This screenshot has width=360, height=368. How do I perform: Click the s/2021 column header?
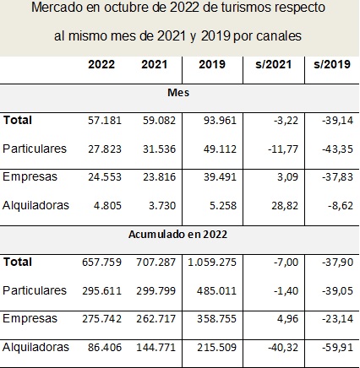coord(273,64)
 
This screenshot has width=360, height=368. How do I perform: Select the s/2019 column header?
coord(332,64)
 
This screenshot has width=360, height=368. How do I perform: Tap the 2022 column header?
coord(101,64)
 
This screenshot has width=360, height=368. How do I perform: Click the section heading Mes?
coord(178,92)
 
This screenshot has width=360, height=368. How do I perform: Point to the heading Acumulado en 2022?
coord(177,235)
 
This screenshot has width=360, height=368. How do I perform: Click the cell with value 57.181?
coord(105,121)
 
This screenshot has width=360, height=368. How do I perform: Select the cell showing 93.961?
coord(220,121)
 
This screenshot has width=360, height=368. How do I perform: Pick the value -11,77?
coord(283,149)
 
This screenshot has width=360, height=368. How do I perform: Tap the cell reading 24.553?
coord(105,177)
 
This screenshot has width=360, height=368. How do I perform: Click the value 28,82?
coord(285,206)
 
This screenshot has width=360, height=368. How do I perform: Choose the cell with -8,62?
coord(341,206)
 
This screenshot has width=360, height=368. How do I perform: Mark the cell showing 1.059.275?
coord(212,262)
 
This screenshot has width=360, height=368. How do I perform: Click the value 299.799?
coord(155,290)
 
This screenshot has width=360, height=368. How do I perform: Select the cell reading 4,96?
coord(287,319)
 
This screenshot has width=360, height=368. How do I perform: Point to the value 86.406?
coord(105,348)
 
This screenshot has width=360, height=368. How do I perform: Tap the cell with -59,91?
coord(337,348)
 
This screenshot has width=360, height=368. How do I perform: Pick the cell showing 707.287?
coord(155,262)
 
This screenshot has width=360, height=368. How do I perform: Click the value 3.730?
coord(162,206)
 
